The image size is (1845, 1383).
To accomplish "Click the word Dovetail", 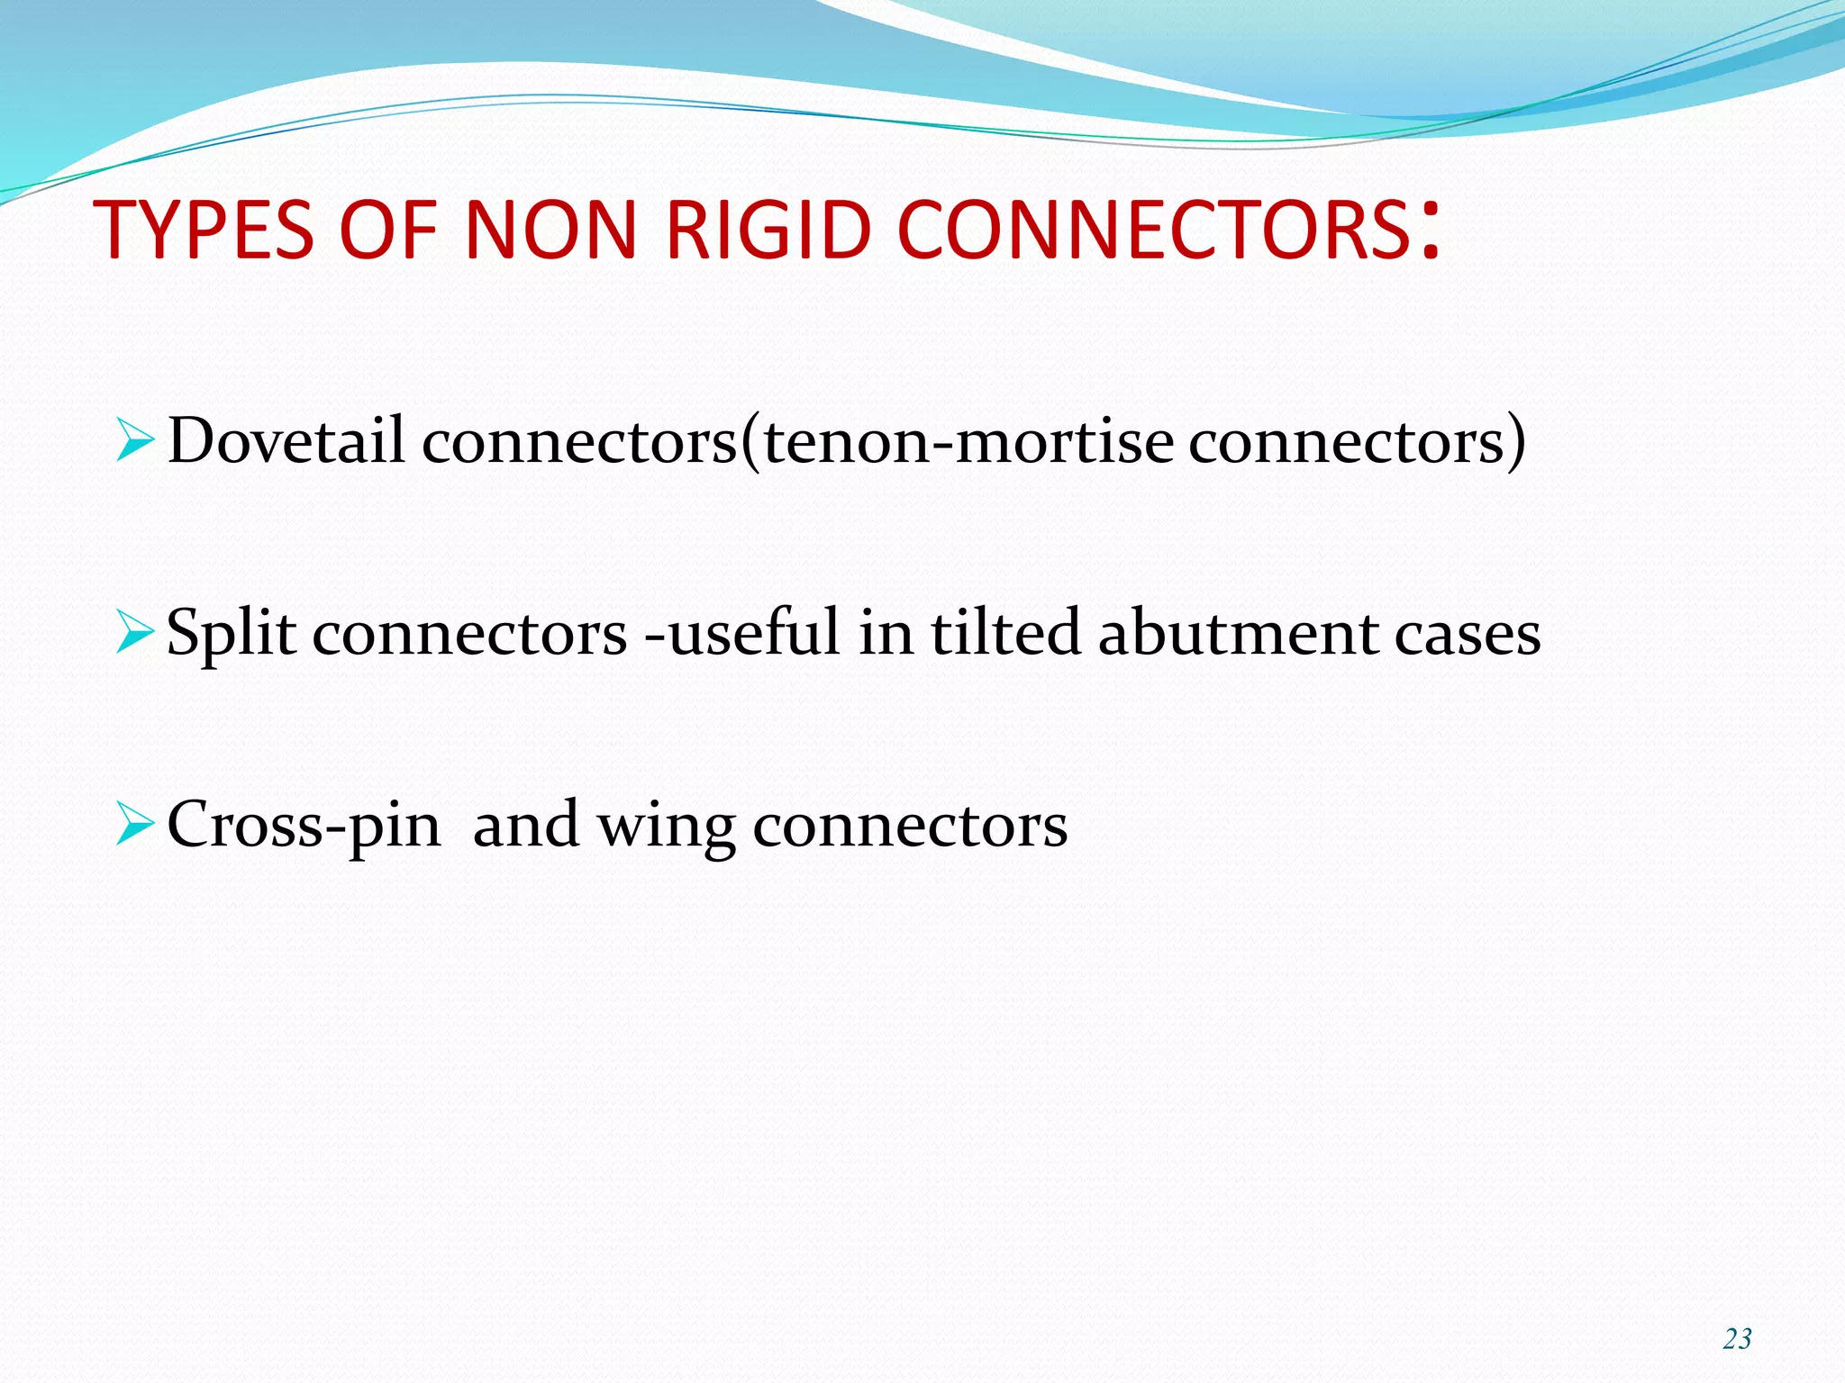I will pyautogui.click(x=286, y=441).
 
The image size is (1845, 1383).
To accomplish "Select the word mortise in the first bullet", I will pyautogui.click(x=1064, y=441).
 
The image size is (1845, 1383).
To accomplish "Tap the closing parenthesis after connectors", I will pyautogui.click(x=1517, y=441).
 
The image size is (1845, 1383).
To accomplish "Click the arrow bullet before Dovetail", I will pyautogui.click(x=136, y=442).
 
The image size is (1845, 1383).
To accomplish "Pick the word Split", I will pyautogui.click(x=231, y=634).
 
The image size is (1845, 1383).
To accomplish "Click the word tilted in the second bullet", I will pyautogui.click(x=1004, y=632).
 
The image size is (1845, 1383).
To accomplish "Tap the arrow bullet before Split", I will pyautogui.click(x=136, y=634).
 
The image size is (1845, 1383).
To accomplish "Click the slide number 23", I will pyautogui.click(x=1737, y=1339).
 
